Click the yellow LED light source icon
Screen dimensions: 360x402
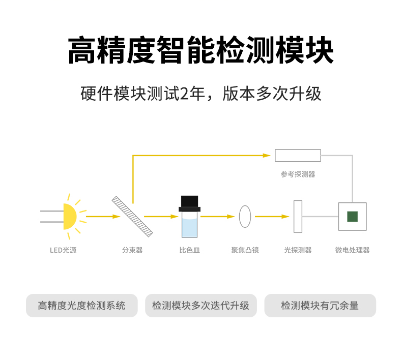[x=70, y=216]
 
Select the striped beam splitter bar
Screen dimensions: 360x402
[x=133, y=216]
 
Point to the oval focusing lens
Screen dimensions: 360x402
[x=245, y=216]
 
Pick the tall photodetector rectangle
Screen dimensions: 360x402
[x=298, y=216]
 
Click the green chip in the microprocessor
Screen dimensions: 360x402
[x=352, y=216]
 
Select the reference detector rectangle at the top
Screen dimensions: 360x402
[x=298, y=155]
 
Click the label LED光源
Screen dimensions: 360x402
[x=63, y=250]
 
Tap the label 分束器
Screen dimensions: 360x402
[x=132, y=250]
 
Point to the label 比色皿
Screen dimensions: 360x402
[x=190, y=250]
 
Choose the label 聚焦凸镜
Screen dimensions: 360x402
[x=245, y=250]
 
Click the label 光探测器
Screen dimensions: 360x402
[x=298, y=250]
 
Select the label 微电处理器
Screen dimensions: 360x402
[x=352, y=250]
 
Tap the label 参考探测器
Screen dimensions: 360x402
[x=298, y=174]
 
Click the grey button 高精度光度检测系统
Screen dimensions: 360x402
[x=82, y=306]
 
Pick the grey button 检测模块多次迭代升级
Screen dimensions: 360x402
[x=200, y=306]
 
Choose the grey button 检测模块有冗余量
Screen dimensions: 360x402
[x=320, y=306]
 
